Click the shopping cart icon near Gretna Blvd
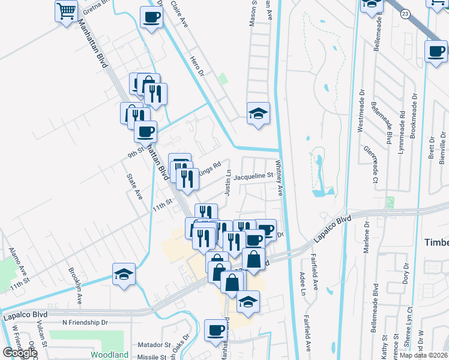coord(67,10)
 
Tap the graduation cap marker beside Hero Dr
coord(258,113)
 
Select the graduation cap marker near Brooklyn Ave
coord(124,274)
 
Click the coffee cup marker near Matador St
coord(215,330)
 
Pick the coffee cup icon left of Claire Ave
coord(151,17)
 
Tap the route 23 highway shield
coord(406,14)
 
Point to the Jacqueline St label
coord(253,176)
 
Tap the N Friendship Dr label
coord(85,322)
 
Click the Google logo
coord(20,353)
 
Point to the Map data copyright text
coord(424,355)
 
